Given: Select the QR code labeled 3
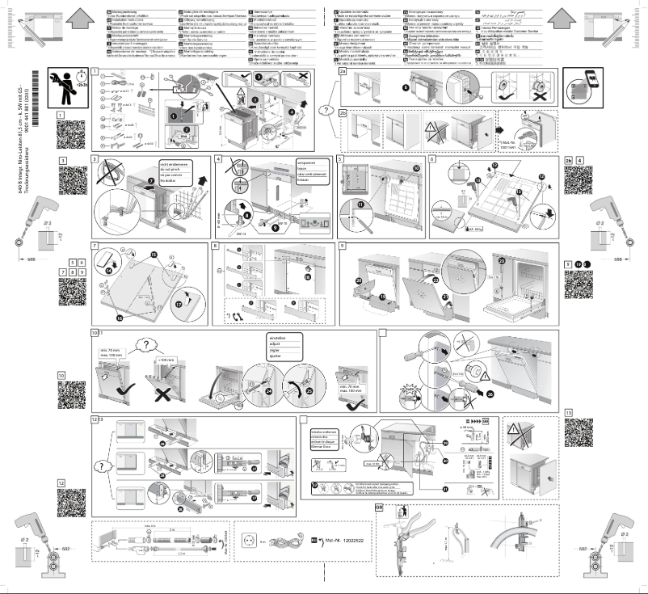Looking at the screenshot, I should point(72,183).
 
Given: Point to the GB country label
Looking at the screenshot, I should point(380,508).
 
